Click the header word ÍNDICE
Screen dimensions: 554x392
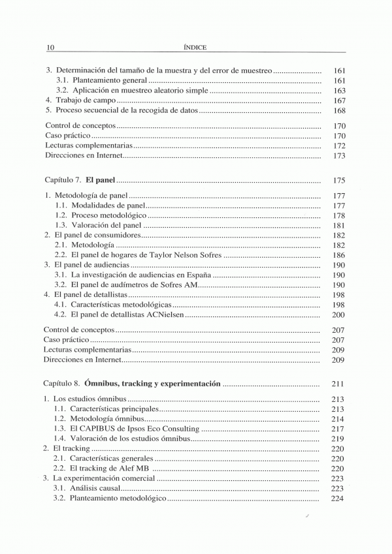[195, 46]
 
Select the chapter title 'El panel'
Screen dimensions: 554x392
[99, 179]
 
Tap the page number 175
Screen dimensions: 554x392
[338, 180]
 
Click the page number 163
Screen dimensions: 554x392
[338, 90]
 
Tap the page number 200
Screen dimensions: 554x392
[338, 315]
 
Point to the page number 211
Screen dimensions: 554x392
[338, 384]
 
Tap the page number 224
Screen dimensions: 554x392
[338, 499]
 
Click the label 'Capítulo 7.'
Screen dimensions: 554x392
[62, 180]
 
